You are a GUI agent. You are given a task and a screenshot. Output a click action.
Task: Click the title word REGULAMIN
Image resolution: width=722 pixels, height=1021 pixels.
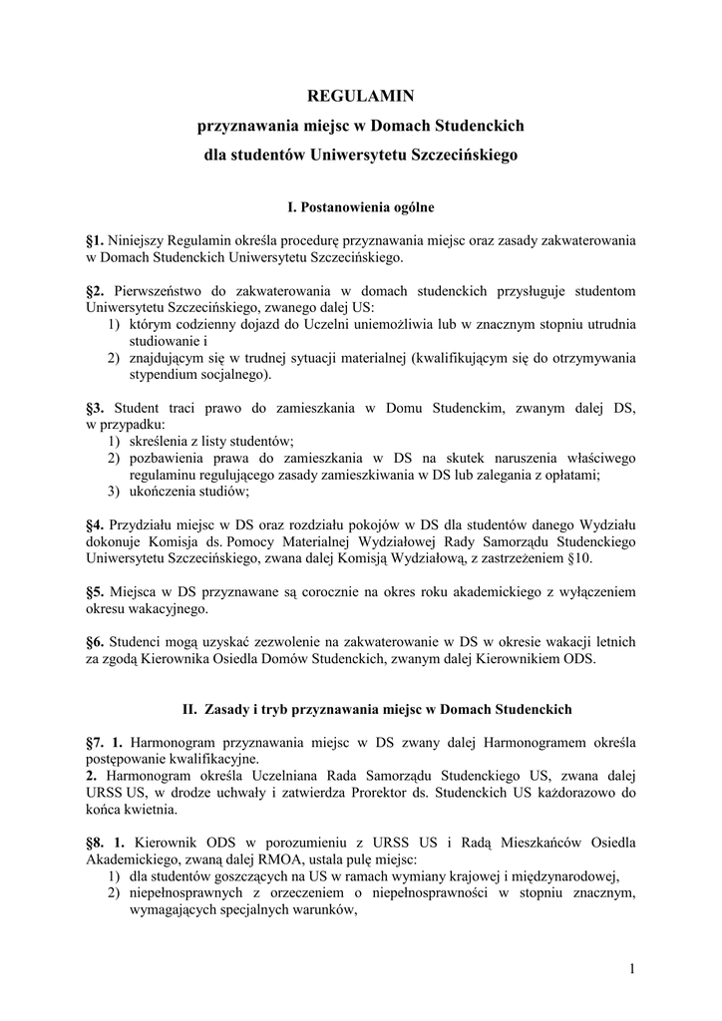[x=360, y=96]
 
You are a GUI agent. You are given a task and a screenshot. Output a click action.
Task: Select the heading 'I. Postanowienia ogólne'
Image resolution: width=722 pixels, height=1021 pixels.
[x=360, y=207]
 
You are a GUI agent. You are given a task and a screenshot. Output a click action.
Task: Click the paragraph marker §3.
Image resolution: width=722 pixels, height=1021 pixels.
[x=97, y=408]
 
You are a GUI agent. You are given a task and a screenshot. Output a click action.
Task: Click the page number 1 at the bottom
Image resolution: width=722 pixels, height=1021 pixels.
[x=632, y=968]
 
